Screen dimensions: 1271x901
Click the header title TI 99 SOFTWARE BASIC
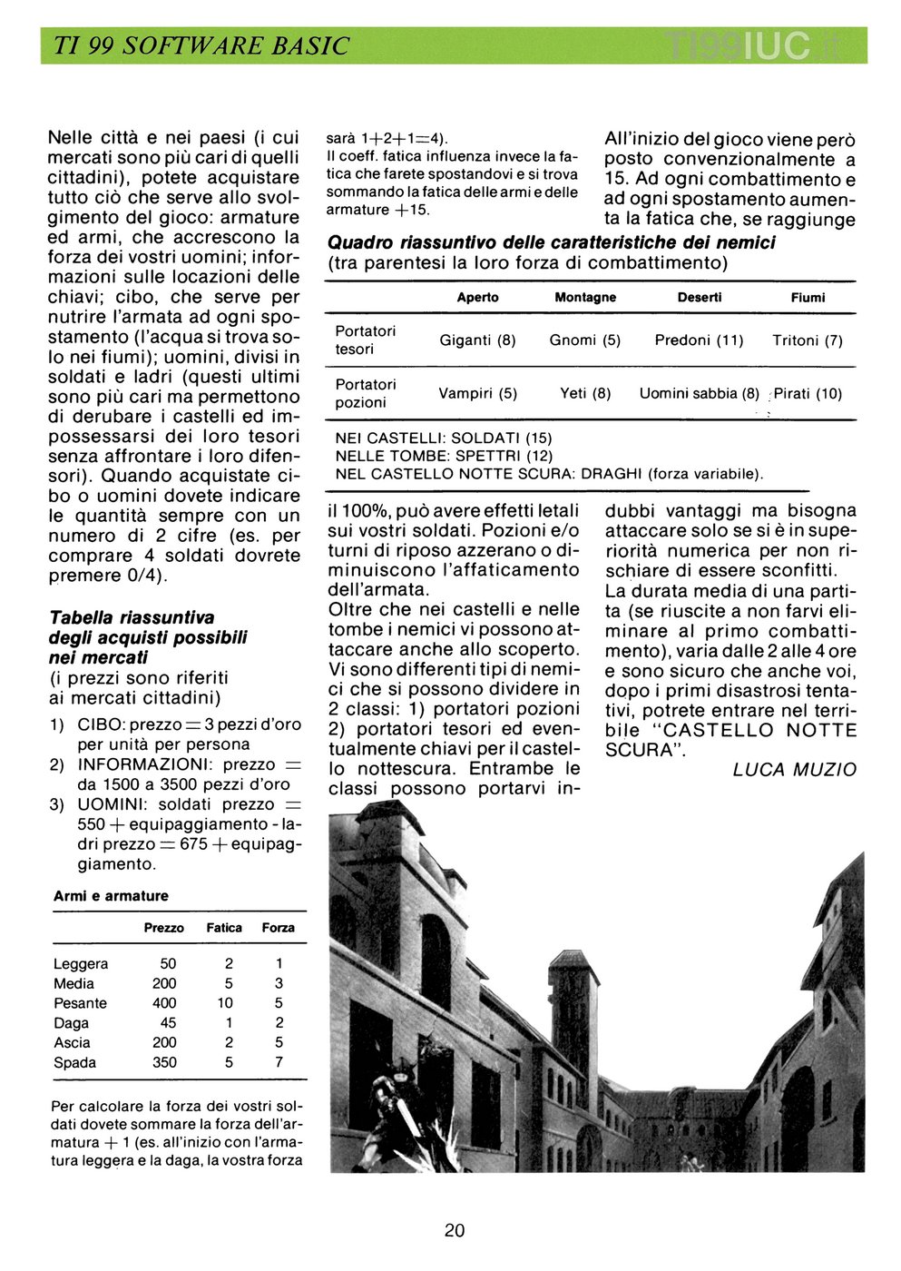[x=201, y=46]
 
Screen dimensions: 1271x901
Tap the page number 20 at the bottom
[x=455, y=1230]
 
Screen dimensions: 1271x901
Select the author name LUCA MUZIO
[x=794, y=770]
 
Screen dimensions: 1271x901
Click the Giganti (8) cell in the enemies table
[x=477, y=340]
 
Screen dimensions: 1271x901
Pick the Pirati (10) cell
[x=808, y=394]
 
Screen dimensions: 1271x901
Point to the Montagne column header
[x=585, y=298]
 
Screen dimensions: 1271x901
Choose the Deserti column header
[x=700, y=298]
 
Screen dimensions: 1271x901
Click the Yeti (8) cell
[x=585, y=394]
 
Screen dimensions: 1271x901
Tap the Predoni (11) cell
[x=699, y=340]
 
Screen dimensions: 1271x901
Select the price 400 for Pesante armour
[x=164, y=1003]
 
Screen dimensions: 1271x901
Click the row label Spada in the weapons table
[x=74, y=1062]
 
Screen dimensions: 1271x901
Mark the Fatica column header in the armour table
[x=224, y=928]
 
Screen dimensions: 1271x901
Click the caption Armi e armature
[x=111, y=896]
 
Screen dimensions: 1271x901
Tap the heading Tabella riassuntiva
[x=132, y=618]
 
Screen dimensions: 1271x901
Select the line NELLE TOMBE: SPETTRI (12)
[x=444, y=456]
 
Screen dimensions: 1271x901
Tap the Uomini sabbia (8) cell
[x=700, y=394]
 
